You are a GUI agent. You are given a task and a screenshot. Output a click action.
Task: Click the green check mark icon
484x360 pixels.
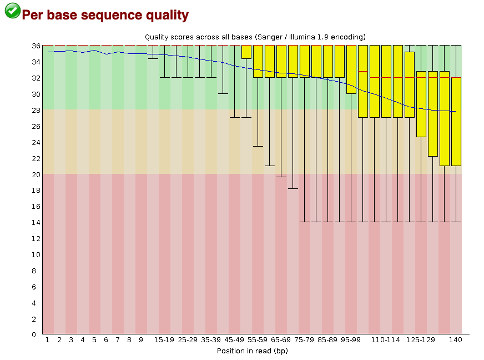click(12, 11)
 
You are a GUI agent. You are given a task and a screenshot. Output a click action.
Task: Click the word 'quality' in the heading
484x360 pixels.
click(167, 15)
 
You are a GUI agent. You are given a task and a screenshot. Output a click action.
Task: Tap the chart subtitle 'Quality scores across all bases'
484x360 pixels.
click(199, 37)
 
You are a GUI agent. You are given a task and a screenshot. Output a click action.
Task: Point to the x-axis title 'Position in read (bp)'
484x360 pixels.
click(252, 351)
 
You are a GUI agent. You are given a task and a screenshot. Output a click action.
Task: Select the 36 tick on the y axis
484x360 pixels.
click(36, 46)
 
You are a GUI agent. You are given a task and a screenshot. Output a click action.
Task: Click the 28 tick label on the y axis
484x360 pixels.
click(36, 111)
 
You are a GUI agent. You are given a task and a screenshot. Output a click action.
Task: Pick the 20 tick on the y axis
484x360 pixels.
click(36, 174)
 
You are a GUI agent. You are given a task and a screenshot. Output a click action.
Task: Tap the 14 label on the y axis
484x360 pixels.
click(36, 222)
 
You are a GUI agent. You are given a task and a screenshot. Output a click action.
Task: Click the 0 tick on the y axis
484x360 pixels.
click(34, 334)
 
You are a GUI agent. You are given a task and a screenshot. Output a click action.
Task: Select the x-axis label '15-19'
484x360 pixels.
click(164, 340)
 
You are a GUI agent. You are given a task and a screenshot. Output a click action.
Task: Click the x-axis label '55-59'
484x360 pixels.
click(258, 340)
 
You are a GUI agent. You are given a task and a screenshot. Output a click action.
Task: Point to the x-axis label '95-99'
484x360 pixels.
click(351, 340)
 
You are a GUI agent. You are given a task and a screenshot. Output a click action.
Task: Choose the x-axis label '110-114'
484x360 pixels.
click(385, 340)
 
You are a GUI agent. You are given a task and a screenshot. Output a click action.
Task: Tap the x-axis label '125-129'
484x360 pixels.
click(420, 340)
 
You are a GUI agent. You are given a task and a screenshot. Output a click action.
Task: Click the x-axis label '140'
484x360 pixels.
click(455, 340)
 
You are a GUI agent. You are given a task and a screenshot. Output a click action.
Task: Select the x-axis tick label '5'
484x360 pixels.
click(94, 340)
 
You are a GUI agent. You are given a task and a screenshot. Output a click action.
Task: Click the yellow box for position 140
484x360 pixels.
click(456, 122)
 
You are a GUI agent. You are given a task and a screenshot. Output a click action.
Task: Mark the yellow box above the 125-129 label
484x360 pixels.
click(421, 104)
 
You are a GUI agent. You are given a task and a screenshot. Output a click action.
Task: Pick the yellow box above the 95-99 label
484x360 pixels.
click(351, 69)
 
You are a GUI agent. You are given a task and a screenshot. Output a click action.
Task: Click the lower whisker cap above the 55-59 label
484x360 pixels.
click(258, 146)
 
